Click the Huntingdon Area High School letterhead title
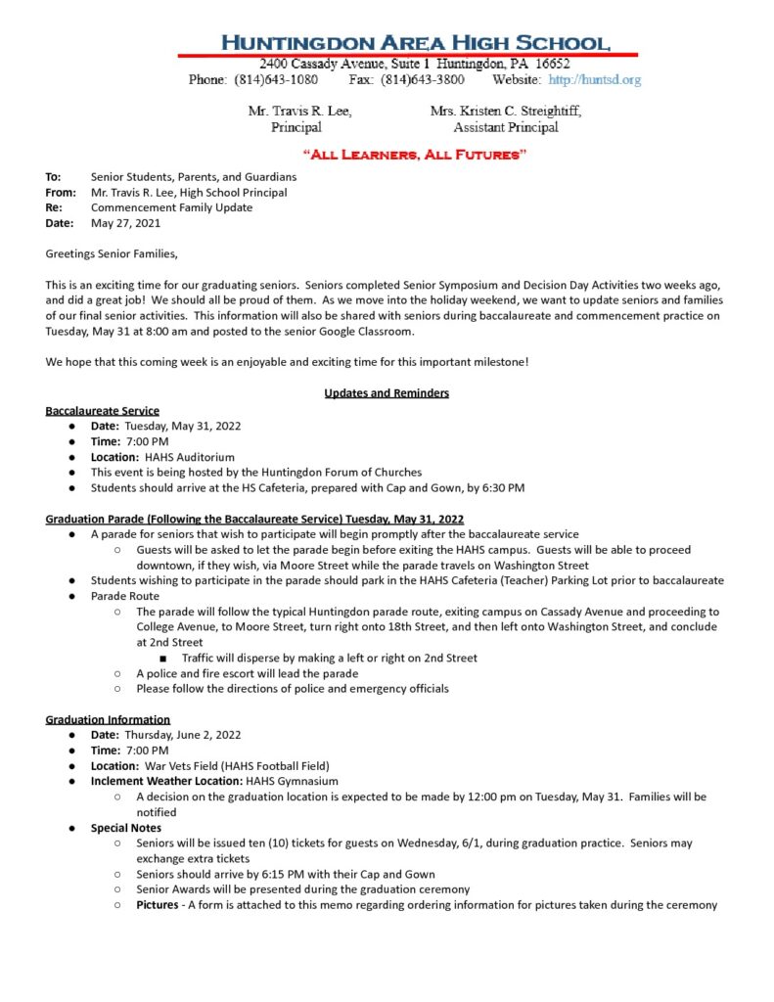pos(416,42)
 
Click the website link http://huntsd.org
pos(594,79)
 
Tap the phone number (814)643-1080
pos(276,79)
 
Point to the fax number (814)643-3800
pos(422,79)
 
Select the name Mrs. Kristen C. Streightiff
pos(505,112)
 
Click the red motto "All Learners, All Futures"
pos(415,155)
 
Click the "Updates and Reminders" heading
pos(387,393)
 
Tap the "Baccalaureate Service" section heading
pos(103,410)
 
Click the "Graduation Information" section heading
pos(108,719)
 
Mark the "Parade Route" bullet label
pos(124,596)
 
